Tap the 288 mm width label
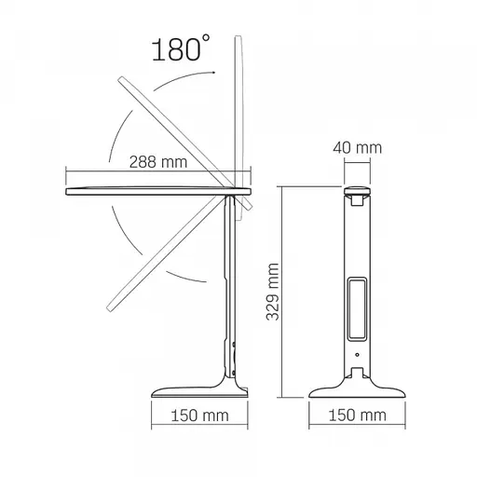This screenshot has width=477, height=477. tap(155, 161)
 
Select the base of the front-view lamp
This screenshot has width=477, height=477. tap(360, 384)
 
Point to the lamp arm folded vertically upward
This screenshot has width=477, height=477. tap(245, 112)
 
